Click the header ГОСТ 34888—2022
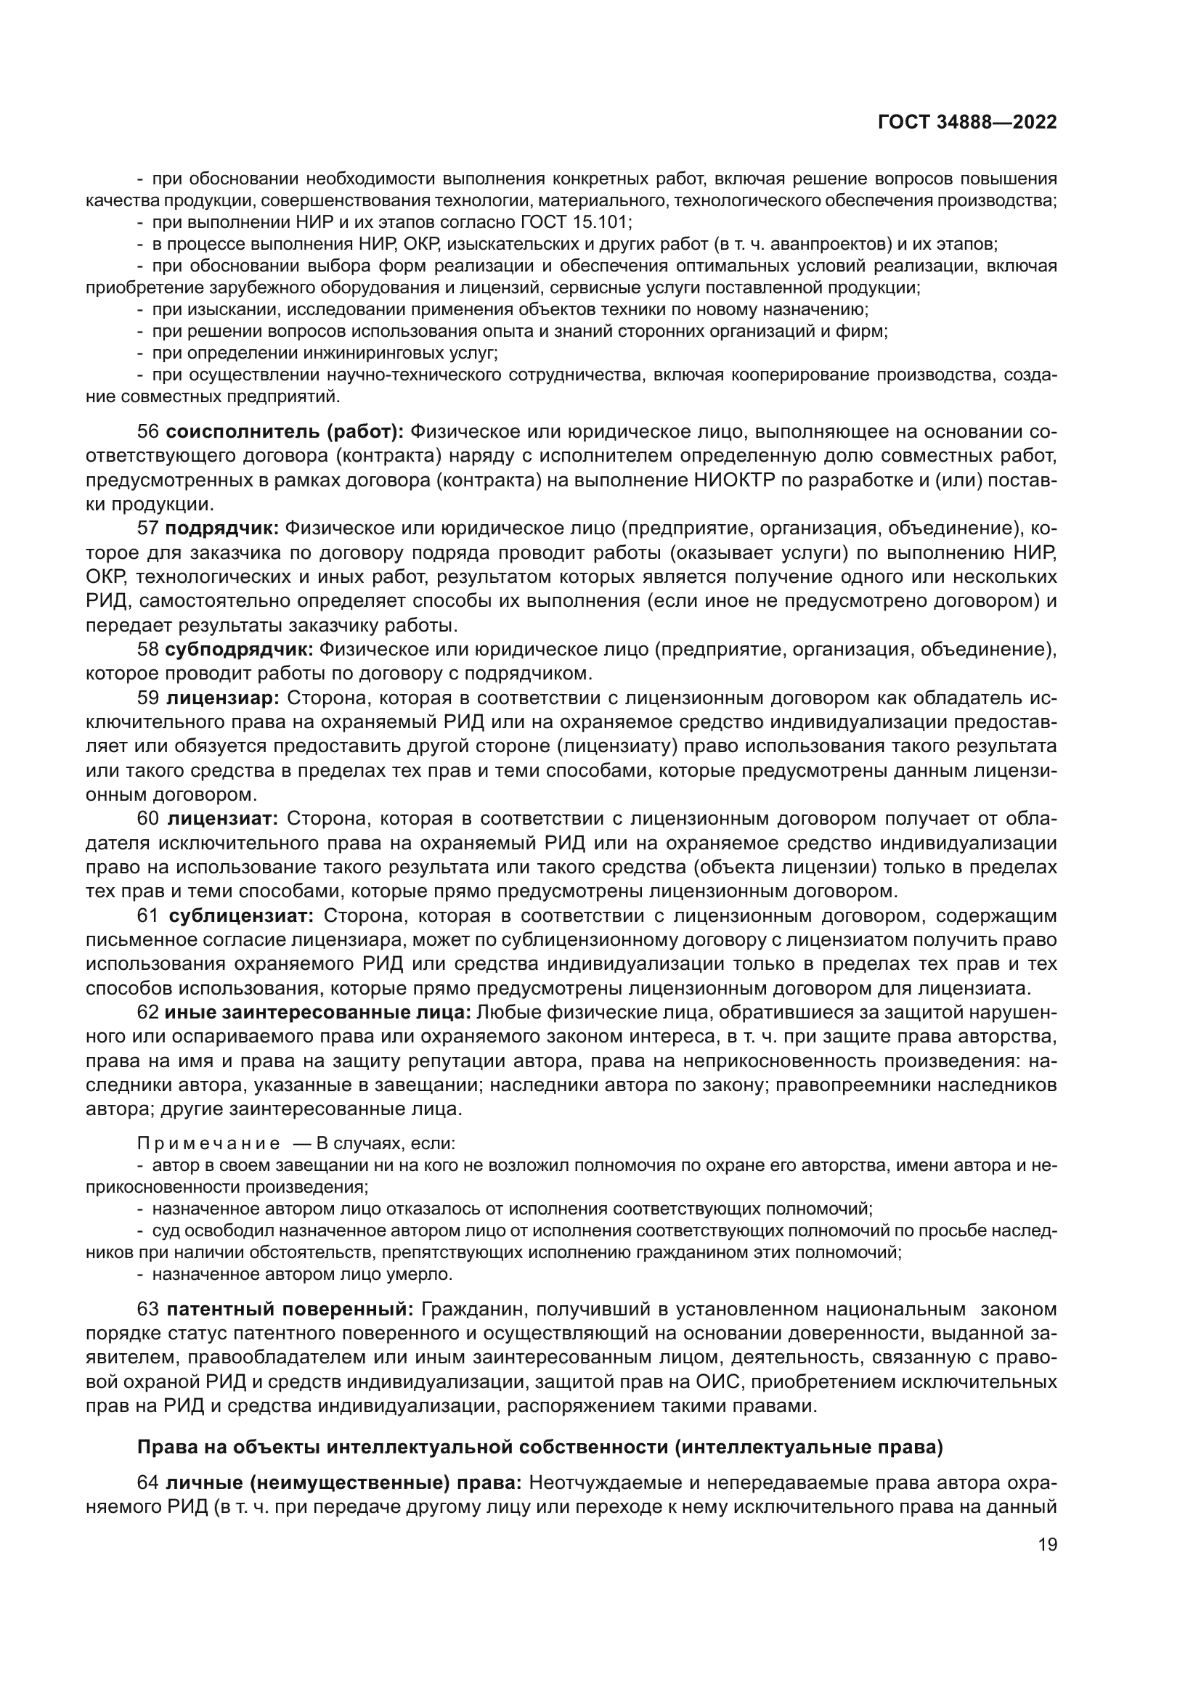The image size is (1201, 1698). (x=966, y=122)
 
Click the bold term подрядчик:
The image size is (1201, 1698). (x=222, y=528)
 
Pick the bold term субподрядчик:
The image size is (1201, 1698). (x=240, y=649)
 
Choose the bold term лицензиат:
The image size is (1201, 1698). (x=223, y=819)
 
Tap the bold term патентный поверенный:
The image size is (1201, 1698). (x=290, y=1309)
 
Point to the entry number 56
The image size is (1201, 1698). (x=148, y=431)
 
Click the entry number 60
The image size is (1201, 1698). (x=148, y=819)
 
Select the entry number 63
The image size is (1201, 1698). (x=148, y=1309)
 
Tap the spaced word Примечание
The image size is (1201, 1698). (x=208, y=1143)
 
